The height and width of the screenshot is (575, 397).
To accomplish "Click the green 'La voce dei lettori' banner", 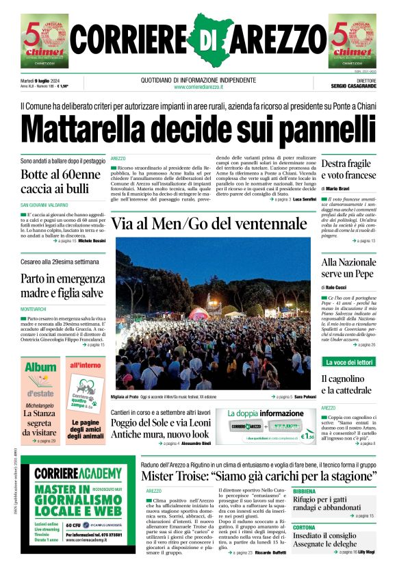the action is pyautogui.click(x=349, y=361).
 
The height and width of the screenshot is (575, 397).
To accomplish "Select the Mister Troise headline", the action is pyautogui.click(x=257, y=476).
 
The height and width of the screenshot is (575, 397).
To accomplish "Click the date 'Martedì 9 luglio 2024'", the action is pyautogui.click(x=43, y=79).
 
